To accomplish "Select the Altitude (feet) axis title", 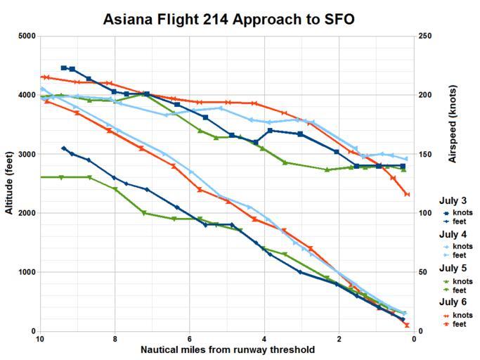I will point(8,184).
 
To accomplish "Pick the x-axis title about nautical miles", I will point(227,349).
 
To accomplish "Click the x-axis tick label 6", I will point(190,339).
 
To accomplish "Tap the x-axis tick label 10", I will point(40,339).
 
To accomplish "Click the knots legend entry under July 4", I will point(462,247).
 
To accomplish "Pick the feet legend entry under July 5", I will point(460,290).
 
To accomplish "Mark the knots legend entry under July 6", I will point(462,316).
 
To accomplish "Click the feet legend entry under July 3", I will point(460,221).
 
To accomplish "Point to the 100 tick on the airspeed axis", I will point(427,213).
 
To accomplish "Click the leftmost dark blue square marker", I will point(64,68).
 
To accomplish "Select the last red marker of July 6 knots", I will point(407,194).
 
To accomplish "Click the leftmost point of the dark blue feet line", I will point(64,148).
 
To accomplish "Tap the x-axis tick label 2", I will point(339,339).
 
